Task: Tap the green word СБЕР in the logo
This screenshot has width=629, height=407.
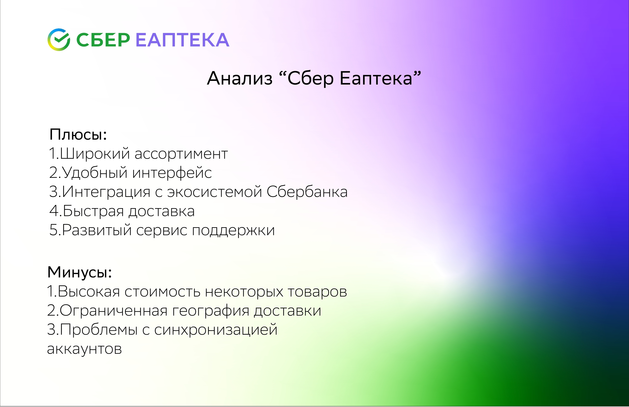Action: click(x=103, y=40)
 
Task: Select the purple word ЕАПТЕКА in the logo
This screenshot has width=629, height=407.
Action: click(x=182, y=40)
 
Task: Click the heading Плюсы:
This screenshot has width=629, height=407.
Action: click(x=78, y=135)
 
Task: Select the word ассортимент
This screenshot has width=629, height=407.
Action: click(x=181, y=154)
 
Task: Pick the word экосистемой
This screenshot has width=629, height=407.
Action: click(x=215, y=192)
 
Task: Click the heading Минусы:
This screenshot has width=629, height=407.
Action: click(x=79, y=272)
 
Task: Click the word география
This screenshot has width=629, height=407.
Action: click(x=211, y=311)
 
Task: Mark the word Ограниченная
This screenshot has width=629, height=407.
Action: click(x=114, y=311)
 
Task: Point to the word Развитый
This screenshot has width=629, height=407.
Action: click(x=97, y=230)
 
